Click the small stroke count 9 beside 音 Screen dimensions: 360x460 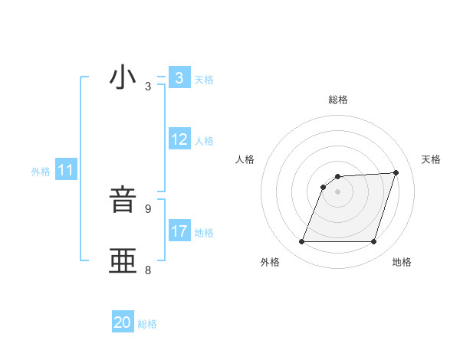(148, 208)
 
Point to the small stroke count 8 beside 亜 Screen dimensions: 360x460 (148, 270)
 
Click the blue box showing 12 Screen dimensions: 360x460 (179, 139)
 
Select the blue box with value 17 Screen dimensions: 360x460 (179, 231)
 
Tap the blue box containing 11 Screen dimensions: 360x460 (66, 171)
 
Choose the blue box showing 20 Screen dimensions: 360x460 (123, 322)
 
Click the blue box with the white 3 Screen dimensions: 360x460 (179, 78)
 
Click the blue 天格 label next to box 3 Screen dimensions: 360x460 (204, 80)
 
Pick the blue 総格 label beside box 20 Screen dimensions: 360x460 (147, 324)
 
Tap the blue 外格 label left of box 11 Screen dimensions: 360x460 (41, 172)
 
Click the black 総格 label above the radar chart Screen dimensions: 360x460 (338, 100)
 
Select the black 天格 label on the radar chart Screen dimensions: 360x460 (431, 159)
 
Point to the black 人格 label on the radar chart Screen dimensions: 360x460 (245, 159)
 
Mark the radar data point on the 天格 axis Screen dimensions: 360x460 (396, 172)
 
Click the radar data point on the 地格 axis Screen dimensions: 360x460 (374, 242)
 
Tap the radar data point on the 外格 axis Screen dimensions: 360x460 (302, 242)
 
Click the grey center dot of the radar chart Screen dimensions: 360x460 (338, 191)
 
